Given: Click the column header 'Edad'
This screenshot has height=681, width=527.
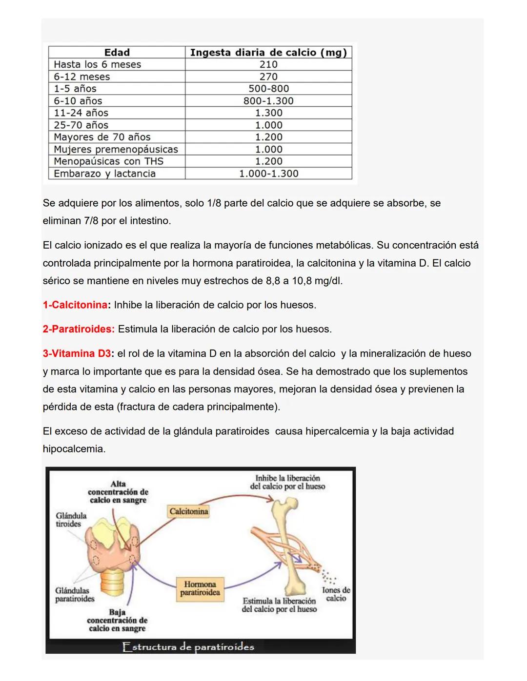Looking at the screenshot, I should (117, 52).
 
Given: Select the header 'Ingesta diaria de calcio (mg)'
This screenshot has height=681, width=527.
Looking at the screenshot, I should (268, 52).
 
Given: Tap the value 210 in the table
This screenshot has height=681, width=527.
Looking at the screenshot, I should (268, 64).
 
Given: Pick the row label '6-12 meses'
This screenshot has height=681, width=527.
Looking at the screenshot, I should (81, 77).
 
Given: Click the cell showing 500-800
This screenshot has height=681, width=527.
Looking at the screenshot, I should (268, 89).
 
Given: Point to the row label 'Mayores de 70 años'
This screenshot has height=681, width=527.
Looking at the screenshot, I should (102, 137).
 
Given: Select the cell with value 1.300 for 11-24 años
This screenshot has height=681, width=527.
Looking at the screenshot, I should (268, 113).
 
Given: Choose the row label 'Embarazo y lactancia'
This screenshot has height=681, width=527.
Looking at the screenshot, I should (104, 174).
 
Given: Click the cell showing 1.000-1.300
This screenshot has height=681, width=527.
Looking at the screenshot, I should (268, 174).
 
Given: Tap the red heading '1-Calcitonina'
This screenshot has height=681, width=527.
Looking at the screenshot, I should (75, 305).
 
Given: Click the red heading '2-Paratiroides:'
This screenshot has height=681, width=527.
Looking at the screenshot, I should (79, 330).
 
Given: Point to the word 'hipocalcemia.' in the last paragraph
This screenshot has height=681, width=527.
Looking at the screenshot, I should (74, 449).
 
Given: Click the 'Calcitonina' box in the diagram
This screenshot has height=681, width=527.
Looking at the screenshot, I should (188, 511).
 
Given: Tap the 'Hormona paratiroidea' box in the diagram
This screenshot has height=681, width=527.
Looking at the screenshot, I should (200, 588).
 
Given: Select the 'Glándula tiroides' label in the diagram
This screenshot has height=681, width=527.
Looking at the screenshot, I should (71, 520).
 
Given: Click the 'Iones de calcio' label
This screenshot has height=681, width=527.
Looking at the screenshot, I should (336, 594).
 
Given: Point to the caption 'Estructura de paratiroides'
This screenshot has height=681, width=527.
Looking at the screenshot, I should (188, 647).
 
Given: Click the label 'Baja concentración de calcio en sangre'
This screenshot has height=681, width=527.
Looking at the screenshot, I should (117, 620).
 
